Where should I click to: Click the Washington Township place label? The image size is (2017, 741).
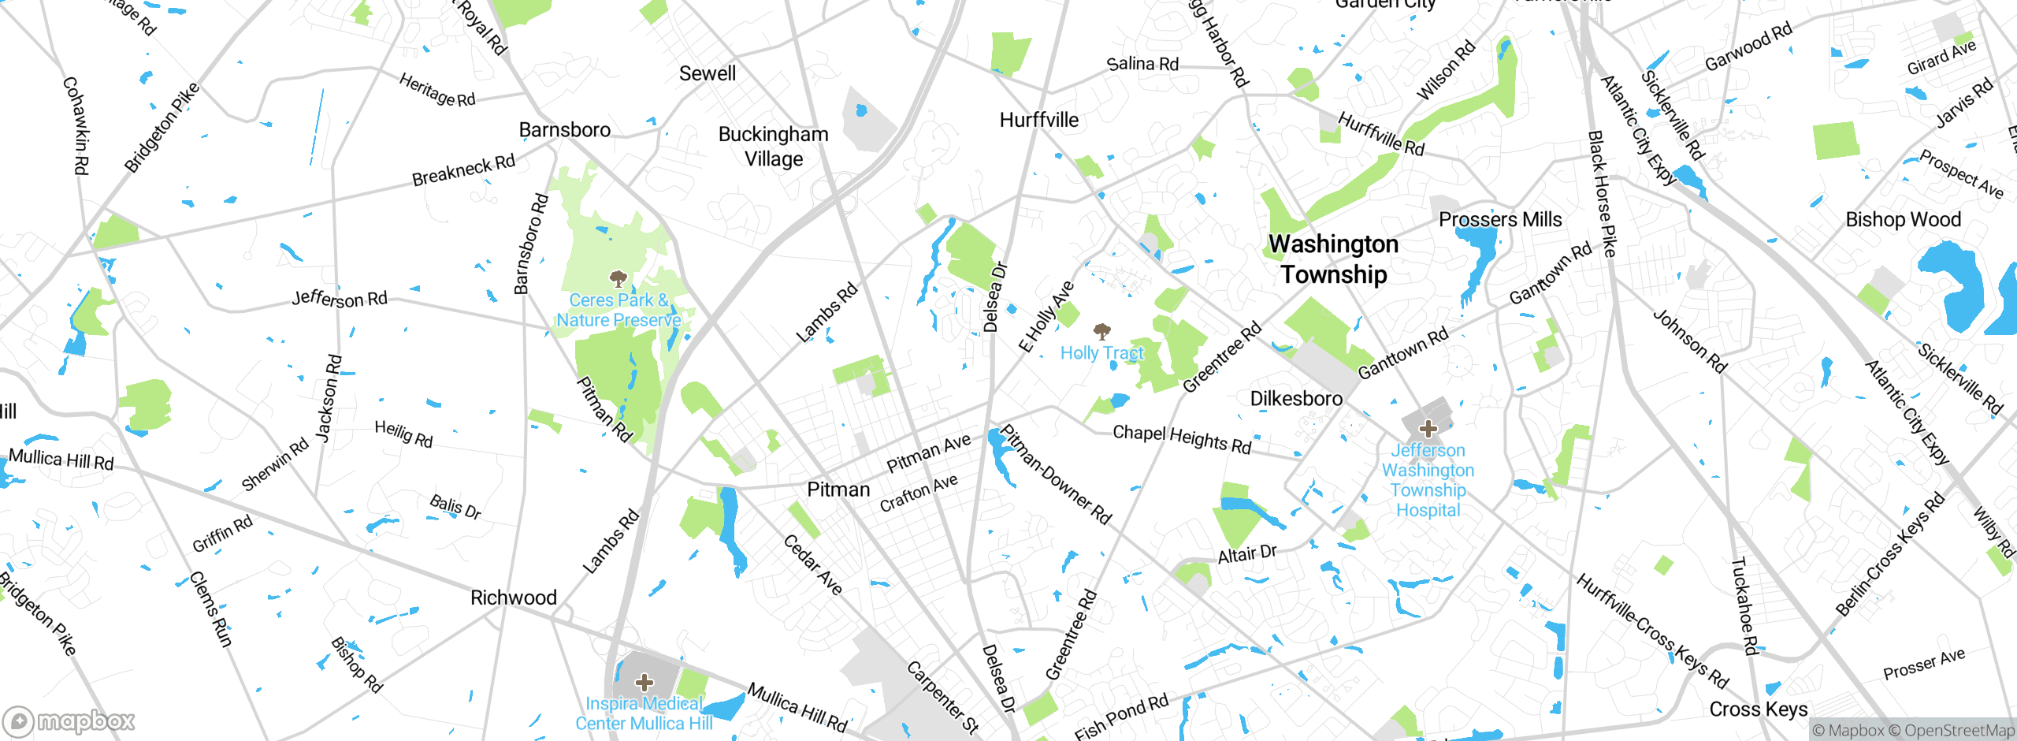tap(1334, 259)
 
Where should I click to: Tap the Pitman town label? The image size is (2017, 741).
tap(838, 490)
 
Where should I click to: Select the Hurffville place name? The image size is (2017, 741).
tap(1038, 120)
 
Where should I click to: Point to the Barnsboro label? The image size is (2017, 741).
tap(564, 129)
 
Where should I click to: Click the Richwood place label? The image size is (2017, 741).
tap(513, 598)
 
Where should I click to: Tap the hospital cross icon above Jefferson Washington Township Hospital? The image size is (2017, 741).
tap(1428, 429)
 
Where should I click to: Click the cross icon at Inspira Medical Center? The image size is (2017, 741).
tap(644, 681)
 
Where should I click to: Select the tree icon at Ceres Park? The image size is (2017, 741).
tap(618, 277)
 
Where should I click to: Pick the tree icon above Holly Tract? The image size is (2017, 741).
tap(1101, 330)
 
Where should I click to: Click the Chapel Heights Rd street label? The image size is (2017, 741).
tap(1181, 439)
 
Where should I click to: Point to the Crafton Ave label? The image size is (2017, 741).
tap(919, 493)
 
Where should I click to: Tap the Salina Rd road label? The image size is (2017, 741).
tap(1142, 64)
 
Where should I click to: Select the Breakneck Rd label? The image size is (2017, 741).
tap(463, 170)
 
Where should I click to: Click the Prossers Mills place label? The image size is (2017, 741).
tap(1499, 219)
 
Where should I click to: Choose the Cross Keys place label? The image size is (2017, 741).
tap(1758, 709)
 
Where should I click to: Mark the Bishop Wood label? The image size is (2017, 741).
tap(1903, 219)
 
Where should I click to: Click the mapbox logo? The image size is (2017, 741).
tap(69, 721)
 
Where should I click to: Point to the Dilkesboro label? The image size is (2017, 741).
tap(1296, 398)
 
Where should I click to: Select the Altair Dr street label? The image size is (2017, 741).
tap(1246, 553)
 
